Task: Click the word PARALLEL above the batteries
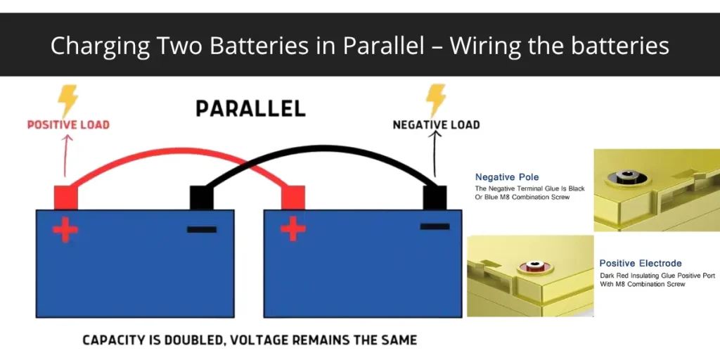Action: click(250, 108)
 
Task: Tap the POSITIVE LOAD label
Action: click(68, 125)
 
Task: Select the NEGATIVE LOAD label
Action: click(436, 125)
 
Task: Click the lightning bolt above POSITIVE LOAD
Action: click(68, 101)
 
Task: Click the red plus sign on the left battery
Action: click(65, 229)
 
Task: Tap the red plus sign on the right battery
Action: click(293, 229)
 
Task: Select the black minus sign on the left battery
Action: click(202, 229)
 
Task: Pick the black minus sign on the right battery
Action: click(435, 226)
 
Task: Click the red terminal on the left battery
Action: click(65, 198)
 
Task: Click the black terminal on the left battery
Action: click(202, 198)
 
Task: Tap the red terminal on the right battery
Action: click(293, 198)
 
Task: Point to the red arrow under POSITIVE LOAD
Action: click(65, 155)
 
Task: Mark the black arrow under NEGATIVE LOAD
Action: click(435, 155)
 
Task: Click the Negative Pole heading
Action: click(507, 177)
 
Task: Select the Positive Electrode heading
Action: click(641, 264)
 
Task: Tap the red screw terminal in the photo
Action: click(531, 266)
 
